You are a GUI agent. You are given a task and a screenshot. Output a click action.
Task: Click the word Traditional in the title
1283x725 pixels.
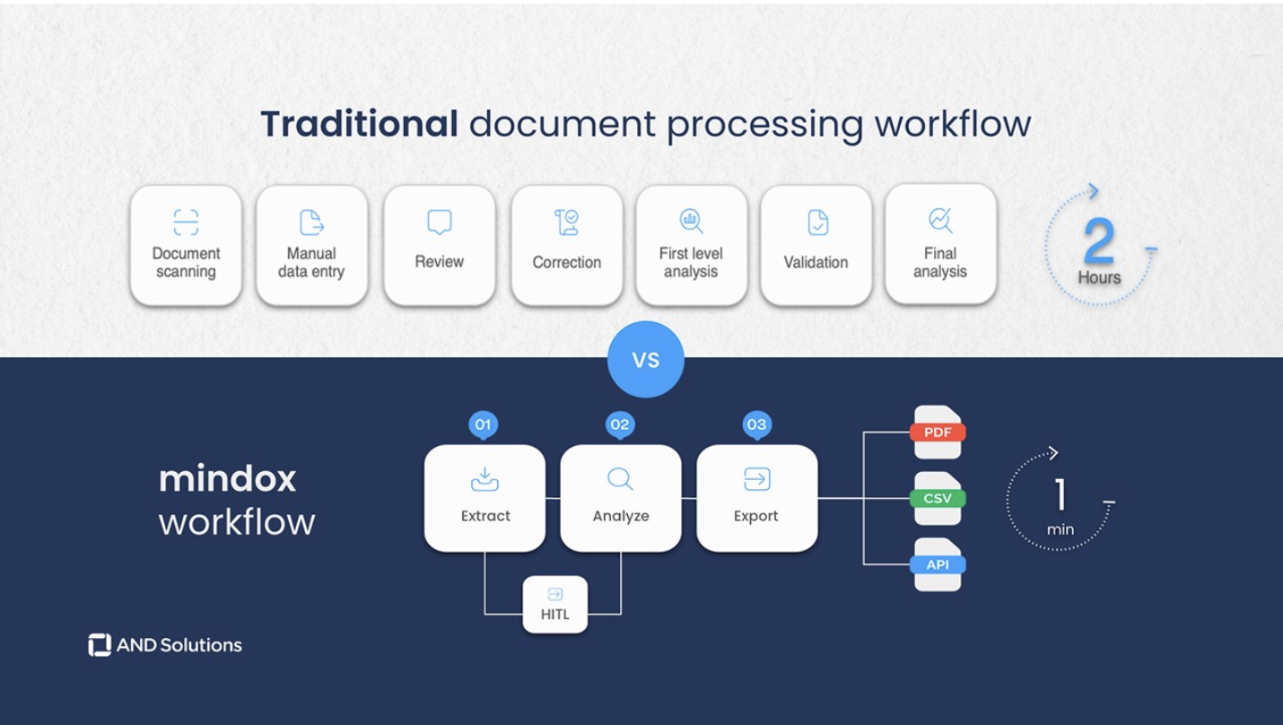click(x=359, y=124)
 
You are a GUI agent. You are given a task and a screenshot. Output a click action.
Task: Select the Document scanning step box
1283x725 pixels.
click(x=186, y=245)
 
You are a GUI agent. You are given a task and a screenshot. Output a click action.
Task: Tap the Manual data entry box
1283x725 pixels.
click(x=311, y=245)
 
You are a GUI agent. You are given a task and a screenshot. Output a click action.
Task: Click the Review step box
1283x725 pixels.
click(x=439, y=245)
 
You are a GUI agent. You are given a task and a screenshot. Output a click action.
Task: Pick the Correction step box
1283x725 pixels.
click(x=566, y=245)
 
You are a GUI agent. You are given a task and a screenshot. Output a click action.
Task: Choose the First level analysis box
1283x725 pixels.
click(x=691, y=245)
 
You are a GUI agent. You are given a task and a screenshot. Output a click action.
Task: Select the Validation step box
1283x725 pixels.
click(x=816, y=245)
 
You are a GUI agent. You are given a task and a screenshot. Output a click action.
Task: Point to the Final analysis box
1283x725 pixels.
click(x=940, y=244)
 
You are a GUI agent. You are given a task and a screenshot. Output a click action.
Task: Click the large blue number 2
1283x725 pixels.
click(x=1099, y=240)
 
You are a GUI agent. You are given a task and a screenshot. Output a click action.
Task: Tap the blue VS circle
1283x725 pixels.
click(x=645, y=360)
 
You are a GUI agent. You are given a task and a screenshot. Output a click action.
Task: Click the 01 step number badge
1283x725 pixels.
click(x=483, y=424)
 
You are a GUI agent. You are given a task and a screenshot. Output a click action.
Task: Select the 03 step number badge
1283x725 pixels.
click(x=756, y=424)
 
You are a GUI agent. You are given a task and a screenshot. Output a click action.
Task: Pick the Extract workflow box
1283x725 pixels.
click(x=484, y=498)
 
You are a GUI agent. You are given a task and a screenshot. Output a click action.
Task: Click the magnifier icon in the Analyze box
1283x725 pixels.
click(x=620, y=479)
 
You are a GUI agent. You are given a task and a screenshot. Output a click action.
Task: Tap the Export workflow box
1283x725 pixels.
click(x=756, y=498)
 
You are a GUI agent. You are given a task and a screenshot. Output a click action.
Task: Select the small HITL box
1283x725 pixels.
click(x=554, y=605)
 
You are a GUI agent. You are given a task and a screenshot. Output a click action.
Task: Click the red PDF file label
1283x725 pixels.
click(x=938, y=432)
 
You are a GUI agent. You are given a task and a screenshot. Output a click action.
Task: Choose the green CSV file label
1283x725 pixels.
click(x=938, y=499)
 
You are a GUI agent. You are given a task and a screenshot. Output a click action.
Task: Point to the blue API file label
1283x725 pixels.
click(x=938, y=564)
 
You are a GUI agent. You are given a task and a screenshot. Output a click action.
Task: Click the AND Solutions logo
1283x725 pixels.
click(x=165, y=645)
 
